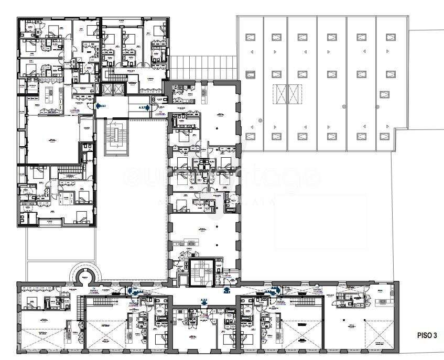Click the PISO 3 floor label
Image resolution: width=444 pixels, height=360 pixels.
click(x=427, y=334)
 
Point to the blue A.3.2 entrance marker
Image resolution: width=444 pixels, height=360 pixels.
click(x=204, y=301)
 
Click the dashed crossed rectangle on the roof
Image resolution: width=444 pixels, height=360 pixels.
click(x=288, y=95)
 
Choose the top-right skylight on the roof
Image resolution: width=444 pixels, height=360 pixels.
click(x=389, y=37)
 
